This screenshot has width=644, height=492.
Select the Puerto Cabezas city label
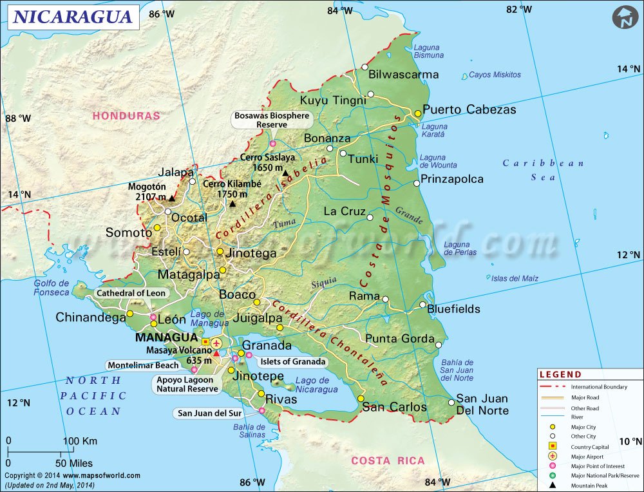pos(469,109)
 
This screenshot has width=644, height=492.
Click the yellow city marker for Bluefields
pos(423,305)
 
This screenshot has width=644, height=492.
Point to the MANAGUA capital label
pos(166,337)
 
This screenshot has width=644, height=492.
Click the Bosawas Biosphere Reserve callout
pos(272,120)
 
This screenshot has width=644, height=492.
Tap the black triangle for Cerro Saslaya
pos(285,173)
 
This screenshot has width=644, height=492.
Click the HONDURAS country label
pos(126,116)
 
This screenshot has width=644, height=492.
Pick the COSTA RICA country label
pos(388,460)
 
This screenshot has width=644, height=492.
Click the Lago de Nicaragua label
pos(316,385)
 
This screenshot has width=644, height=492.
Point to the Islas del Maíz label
pos(515,278)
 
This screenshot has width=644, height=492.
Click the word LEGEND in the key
pos(560,375)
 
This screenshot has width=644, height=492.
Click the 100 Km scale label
pos(80,441)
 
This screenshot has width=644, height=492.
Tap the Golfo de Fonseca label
pos(52,288)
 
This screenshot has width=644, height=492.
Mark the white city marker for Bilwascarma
pos(365,67)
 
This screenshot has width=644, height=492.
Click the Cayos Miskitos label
pos(495,75)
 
